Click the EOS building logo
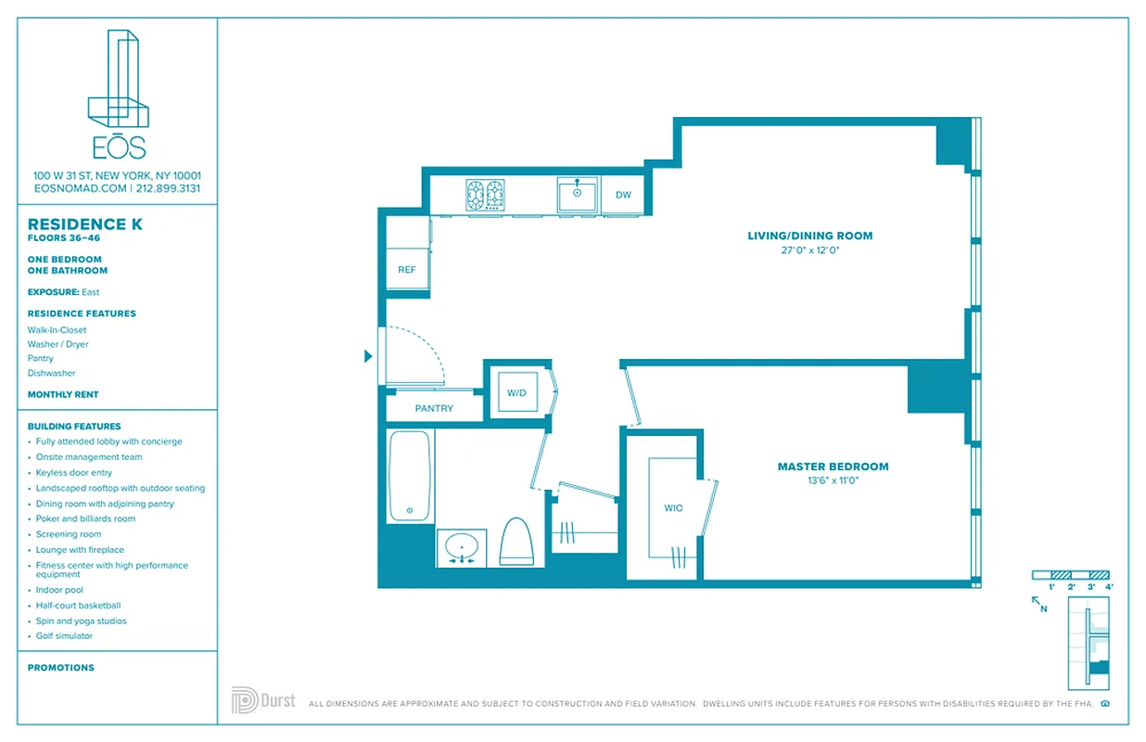point(118,93)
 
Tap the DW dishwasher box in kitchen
point(623,195)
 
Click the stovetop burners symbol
point(486,196)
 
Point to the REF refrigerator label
point(406,270)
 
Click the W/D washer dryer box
point(516,393)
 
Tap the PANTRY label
point(434,408)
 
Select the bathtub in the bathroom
point(409,475)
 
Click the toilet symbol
point(516,541)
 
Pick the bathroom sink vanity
point(461,547)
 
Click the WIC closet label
point(672,508)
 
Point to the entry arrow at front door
point(368,356)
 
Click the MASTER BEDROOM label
point(833,467)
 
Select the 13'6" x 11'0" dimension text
point(833,480)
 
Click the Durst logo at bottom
point(263,700)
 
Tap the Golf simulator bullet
point(64,636)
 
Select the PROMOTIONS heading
point(61,668)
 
